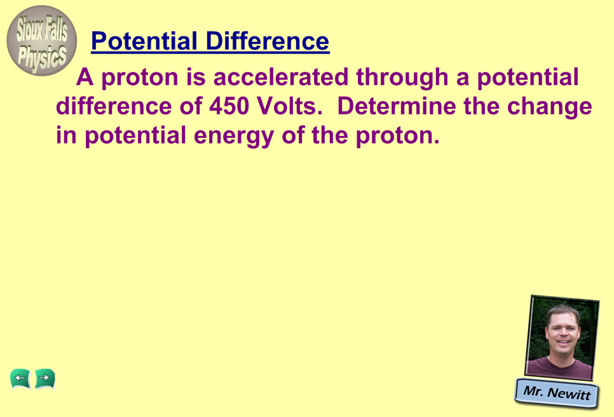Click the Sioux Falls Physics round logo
tap(41, 41)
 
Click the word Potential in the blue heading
tap(144, 41)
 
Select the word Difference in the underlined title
tap(268, 41)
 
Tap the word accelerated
tap(281, 77)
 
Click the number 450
tap(229, 106)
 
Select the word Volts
tap(290, 106)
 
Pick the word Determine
tap(396, 106)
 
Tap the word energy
tap(234, 137)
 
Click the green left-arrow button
tap(20, 379)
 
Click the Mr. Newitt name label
tap(557, 393)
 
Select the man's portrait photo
tap(562, 338)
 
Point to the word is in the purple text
tap(196, 77)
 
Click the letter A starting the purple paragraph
tap(85, 77)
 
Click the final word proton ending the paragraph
tap(398, 137)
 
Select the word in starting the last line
tap(66, 135)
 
